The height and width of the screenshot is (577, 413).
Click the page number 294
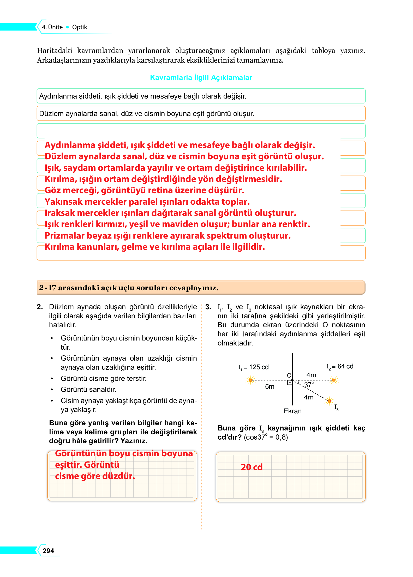click(48, 550)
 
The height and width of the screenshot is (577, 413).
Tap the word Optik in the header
click(80, 27)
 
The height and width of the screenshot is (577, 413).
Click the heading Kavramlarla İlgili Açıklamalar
click(201, 78)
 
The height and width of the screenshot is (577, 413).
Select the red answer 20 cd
click(252, 467)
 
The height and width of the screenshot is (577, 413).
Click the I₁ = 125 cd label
click(253, 367)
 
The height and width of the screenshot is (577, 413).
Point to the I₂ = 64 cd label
click(340, 366)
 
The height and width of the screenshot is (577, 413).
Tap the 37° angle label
click(309, 385)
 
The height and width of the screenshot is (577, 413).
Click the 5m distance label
click(270, 386)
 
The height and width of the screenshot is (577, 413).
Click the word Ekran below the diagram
click(292, 411)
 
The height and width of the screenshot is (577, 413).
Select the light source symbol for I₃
click(329, 401)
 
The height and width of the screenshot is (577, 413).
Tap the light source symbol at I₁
click(250, 380)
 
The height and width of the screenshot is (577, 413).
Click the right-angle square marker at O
click(290, 383)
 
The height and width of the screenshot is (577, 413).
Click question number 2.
click(40, 307)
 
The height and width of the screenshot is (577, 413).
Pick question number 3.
click(208, 307)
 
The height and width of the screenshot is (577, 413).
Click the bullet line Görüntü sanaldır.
click(88, 389)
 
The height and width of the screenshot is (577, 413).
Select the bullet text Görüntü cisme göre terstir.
click(104, 378)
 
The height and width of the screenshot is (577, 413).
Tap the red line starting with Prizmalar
click(167, 235)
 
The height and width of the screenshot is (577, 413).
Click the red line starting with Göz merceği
click(144, 190)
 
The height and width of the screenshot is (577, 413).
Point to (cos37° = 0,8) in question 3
click(266, 437)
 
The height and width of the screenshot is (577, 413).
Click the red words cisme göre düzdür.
click(95, 476)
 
